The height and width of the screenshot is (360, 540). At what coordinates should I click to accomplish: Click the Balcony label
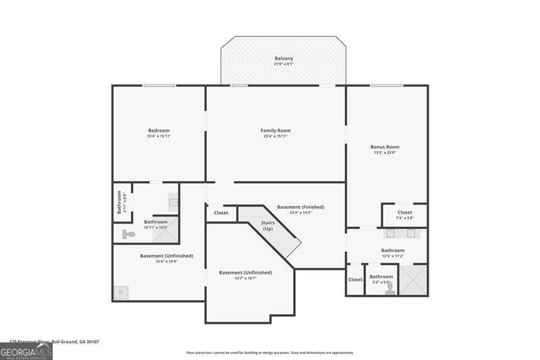[x=283, y=59]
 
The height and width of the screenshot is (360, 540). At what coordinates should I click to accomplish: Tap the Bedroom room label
[x=159, y=130]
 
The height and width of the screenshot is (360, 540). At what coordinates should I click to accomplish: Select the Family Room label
[x=275, y=130]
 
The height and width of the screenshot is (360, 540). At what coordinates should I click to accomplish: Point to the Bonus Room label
[x=385, y=147]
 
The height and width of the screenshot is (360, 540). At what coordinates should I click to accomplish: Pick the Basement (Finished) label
[x=300, y=207]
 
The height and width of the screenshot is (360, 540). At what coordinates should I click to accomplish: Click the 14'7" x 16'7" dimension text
[x=246, y=278]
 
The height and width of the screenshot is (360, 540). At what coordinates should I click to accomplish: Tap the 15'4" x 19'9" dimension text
[x=167, y=261]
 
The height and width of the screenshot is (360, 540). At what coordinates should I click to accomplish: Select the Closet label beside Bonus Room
[x=404, y=213]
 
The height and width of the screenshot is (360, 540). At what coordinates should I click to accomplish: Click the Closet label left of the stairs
[x=221, y=213]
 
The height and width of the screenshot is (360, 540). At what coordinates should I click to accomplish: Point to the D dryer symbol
[x=121, y=292]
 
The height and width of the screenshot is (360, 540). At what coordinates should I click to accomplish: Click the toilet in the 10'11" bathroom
[x=128, y=234]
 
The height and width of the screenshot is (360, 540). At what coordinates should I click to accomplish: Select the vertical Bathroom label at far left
[x=119, y=203]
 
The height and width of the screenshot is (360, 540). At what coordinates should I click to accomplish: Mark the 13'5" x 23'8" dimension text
[x=385, y=153]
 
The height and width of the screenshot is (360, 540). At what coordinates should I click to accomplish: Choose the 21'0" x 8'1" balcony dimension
[x=283, y=65]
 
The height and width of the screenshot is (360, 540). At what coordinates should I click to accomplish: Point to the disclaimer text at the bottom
[x=270, y=353]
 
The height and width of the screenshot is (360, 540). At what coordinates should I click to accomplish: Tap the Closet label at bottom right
[x=355, y=279]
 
